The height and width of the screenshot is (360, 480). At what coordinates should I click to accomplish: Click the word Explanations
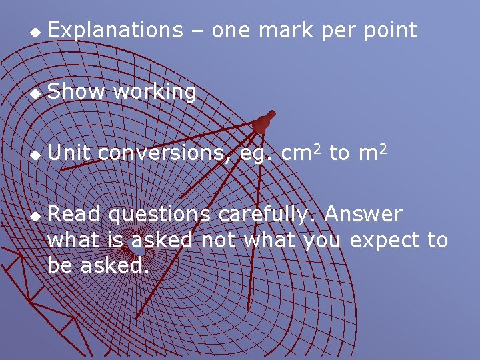coord(115,31)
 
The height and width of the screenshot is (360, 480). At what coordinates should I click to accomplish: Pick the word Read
coord(75,215)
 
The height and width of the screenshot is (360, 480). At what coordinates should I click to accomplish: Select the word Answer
coord(363,215)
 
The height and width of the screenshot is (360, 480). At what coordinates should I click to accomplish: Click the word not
coord(219,240)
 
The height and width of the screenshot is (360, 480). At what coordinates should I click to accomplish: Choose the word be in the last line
coord(61,265)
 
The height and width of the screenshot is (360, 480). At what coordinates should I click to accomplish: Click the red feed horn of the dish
coord(263,123)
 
